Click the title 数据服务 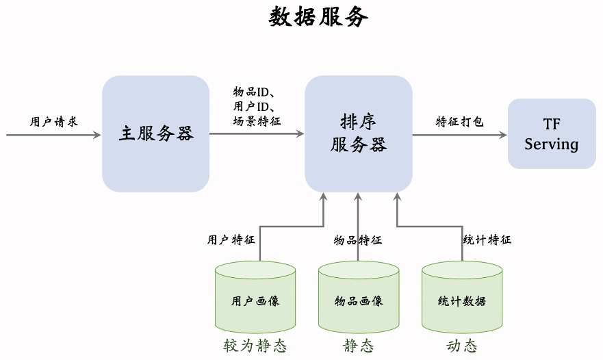pos(318,17)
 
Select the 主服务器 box pos(156,133)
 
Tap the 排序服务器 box pos(359,133)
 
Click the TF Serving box pos(552,133)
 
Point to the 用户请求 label pos(54,122)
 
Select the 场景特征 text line pos(257,120)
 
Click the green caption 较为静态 pos(255,346)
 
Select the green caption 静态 pos(359,346)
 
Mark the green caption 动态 pos(462,346)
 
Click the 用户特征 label pos(231,240)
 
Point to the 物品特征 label pos(358,240)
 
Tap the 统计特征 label pos(487,240)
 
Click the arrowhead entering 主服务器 pos(97,135)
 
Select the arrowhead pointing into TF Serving pos(503,135)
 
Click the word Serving pos(552,144)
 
